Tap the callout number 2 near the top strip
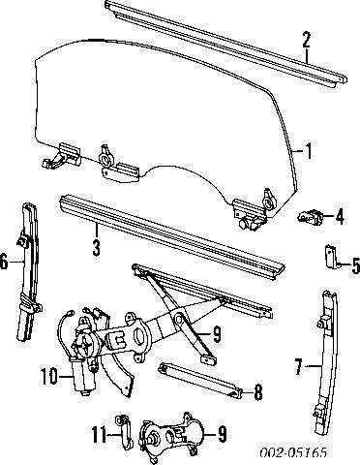(x=307, y=41)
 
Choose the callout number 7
(x=298, y=366)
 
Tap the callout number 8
(x=256, y=393)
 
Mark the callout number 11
(x=99, y=434)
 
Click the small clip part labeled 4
(x=312, y=216)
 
